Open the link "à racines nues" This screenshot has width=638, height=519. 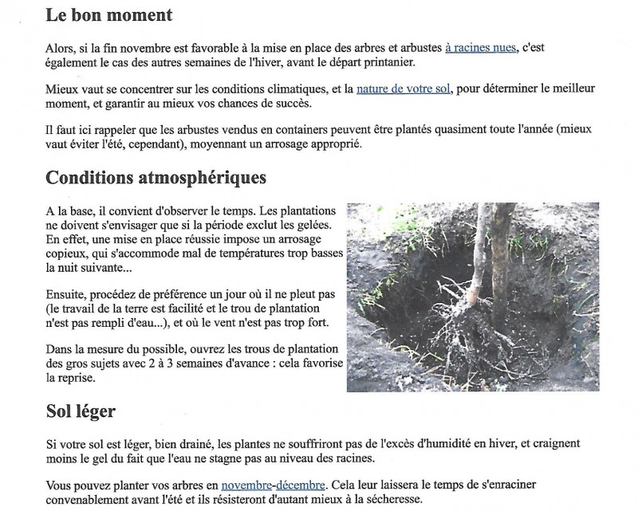(x=480, y=49)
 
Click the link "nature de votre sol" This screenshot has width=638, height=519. (x=404, y=89)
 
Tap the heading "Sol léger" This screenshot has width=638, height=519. (x=81, y=412)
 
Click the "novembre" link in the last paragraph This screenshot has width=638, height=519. (x=246, y=485)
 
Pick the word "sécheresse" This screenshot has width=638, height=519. (x=384, y=500)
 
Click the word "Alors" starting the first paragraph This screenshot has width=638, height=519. (x=61, y=49)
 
